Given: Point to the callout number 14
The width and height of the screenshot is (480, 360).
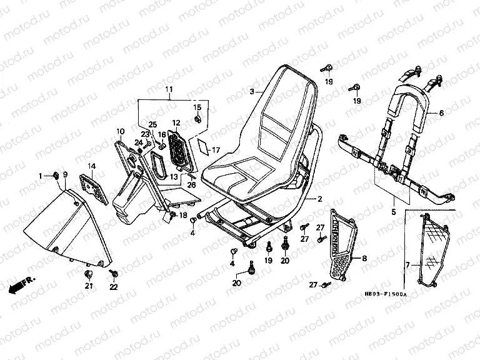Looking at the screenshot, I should click(x=91, y=166).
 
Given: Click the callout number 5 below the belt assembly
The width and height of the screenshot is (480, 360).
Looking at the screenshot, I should click(x=393, y=212).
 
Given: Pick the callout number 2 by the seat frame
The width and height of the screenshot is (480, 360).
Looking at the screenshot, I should click(x=319, y=199).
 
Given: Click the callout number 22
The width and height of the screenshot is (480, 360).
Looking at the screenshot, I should click(x=113, y=286).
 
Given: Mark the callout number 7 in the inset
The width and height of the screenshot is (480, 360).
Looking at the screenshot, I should click(x=407, y=265).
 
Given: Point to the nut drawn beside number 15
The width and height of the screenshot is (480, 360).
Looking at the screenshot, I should click(x=197, y=119).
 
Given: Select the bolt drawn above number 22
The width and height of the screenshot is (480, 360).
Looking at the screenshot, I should click(x=116, y=273).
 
